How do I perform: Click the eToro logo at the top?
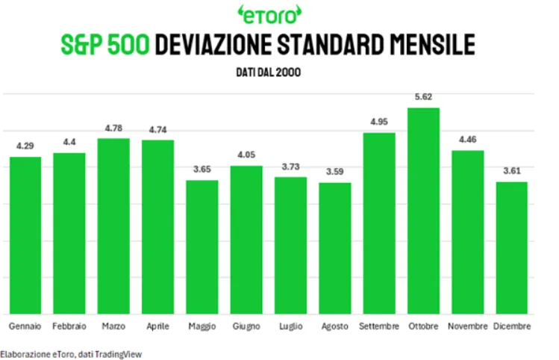(269, 15)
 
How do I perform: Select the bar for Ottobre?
(423, 211)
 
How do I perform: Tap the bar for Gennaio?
(25, 235)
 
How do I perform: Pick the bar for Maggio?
(202, 247)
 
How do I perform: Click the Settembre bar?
(379, 223)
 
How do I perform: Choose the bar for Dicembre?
(511, 248)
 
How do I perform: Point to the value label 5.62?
(423, 96)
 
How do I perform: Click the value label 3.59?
(335, 172)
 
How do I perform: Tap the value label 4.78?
(113, 128)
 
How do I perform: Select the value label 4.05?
(246, 155)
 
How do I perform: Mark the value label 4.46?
(468, 140)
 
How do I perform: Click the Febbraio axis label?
(69, 326)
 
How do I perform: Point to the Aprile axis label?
(158, 326)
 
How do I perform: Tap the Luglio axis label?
(291, 326)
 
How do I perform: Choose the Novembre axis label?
(468, 326)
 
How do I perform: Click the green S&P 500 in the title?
(105, 44)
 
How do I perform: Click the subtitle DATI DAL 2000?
(269, 72)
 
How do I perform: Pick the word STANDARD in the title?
(331, 44)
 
